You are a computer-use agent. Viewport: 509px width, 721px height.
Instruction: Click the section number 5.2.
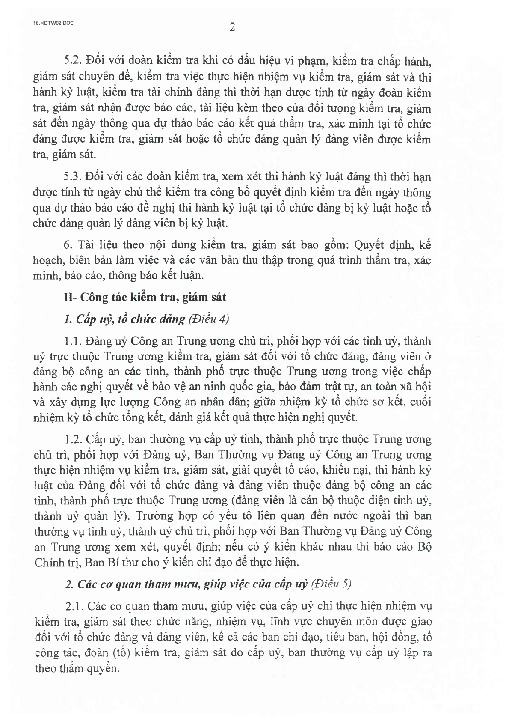point(71,62)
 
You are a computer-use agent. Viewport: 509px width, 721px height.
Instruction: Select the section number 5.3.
point(71,177)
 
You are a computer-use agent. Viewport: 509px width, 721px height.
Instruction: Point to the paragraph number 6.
point(66,245)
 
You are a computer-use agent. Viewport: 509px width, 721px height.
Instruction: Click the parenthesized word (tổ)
point(121,653)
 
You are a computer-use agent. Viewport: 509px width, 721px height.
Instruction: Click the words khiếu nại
point(345,470)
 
